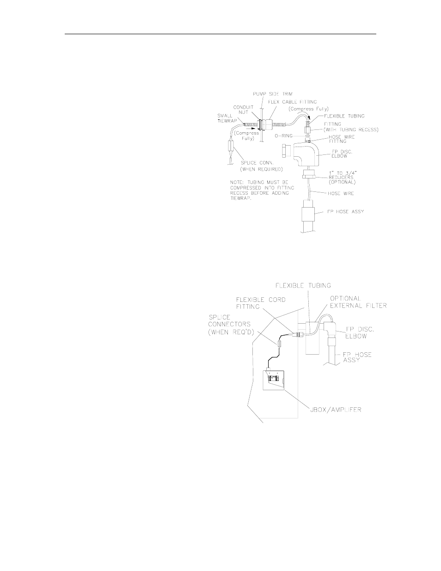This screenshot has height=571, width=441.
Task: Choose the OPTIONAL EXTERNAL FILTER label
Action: coord(358,302)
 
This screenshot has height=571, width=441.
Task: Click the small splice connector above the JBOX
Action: coord(279,344)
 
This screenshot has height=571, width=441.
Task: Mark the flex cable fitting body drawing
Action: coord(269,125)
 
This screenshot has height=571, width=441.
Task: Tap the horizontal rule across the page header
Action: coord(220,34)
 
